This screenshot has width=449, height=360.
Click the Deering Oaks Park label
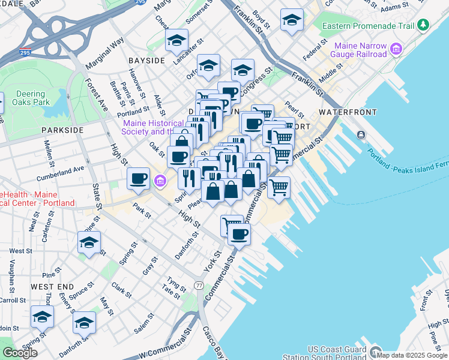pyautogui.click(x=31, y=98)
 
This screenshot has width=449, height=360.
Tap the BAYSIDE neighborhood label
pyautogui.click(x=146, y=61)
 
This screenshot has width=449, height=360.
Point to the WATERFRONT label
pyautogui.click(x=348, y=112)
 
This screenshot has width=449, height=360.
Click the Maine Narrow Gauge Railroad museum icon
pyautogui.click(x=396, y=49)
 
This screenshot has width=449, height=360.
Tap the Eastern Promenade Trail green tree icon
pyautogui.click(x=424, y=25)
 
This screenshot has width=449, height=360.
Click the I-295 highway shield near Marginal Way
pyautogui.click(x=25, y=53)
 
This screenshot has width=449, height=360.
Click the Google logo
pyautogui.click(x=20, y=353)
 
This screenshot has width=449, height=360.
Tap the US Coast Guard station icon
pyautogui.click(x=376, y=352)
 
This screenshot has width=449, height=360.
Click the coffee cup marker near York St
pyautogui.click(x=239, y=235)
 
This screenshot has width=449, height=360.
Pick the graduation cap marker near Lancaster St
pyautogui.click(x=176, y=40)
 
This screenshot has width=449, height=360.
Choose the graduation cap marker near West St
pyautogui.click(x=89, y=243)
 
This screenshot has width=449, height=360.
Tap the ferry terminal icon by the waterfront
pyautogui.click(x=361, y=134)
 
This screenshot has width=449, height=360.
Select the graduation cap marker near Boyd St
pyautogui.click(x=292, y=20)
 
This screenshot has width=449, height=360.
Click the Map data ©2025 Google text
pyautogui.click(x=412, y=355)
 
